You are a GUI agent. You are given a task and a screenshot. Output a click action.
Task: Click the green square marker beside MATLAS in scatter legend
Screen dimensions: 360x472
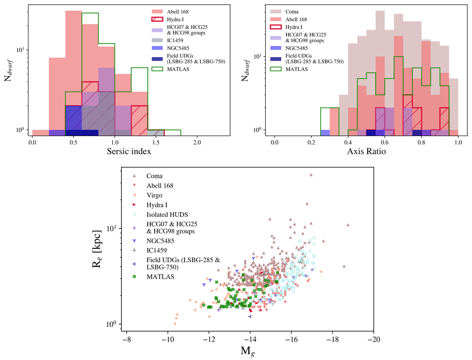(135, 277)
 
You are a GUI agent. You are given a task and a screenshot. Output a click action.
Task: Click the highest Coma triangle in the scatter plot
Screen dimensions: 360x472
(311, 175)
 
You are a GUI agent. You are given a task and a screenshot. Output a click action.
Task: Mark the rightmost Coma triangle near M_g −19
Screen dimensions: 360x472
(348, 225)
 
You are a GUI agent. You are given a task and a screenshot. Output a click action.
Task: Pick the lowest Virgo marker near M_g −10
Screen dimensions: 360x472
(175, 323)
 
